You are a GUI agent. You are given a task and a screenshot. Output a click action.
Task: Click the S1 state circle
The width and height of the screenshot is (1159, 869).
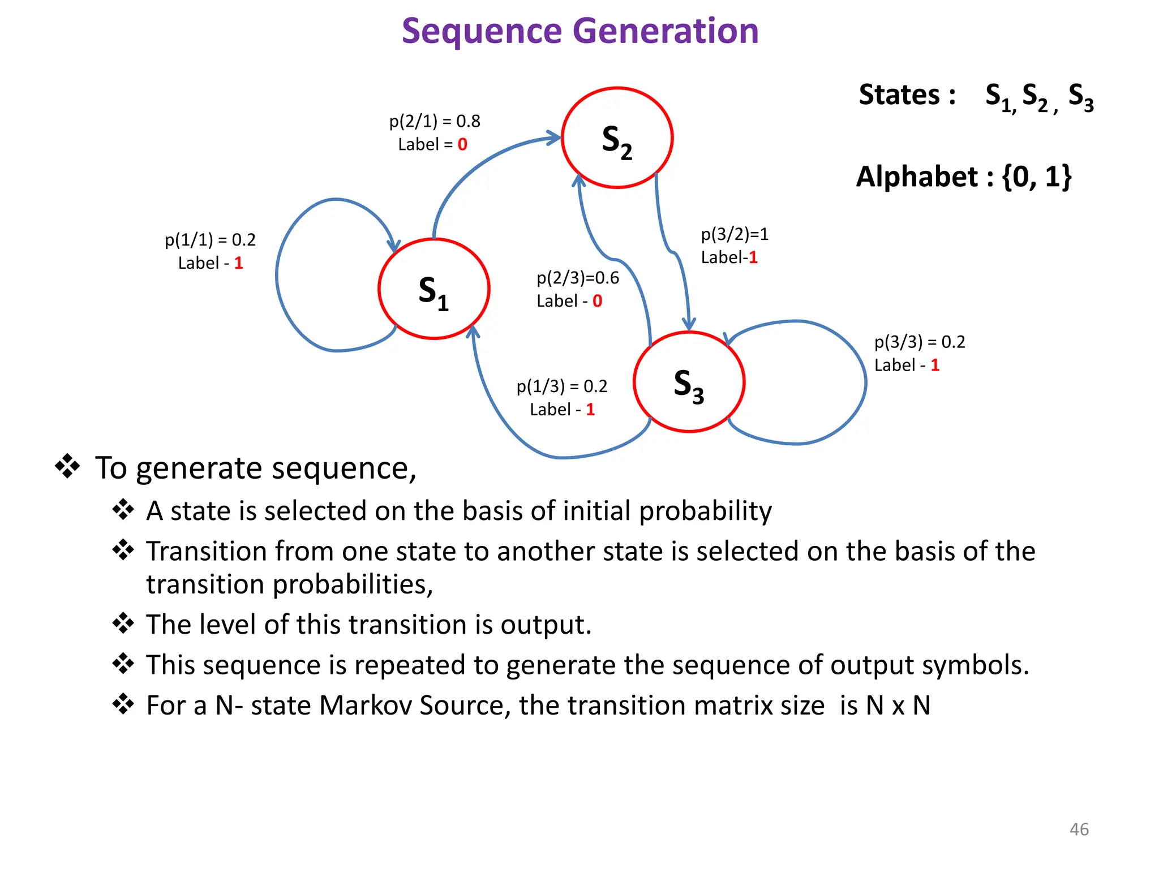(x=433, y=289)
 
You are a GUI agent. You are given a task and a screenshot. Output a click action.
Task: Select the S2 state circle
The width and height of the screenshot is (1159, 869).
(x=617, y=138)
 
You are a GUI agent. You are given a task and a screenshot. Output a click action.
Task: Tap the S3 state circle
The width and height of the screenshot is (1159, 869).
(x=689, y=382)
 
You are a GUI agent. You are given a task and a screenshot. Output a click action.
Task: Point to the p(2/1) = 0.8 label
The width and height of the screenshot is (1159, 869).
(x=435, y=121)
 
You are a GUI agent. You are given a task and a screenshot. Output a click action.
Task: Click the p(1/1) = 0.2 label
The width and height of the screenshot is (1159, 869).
(x=210, y=240)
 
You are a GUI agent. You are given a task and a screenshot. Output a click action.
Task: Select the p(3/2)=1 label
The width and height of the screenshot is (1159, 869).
(x=735, y=234)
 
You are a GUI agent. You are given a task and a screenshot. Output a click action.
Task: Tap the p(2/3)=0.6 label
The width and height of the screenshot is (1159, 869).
(x=578, y=278)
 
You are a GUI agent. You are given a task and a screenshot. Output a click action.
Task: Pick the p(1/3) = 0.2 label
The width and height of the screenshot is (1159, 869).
(x=561, y=386)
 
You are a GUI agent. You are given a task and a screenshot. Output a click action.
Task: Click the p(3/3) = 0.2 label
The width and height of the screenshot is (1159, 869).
(x=920, y=342)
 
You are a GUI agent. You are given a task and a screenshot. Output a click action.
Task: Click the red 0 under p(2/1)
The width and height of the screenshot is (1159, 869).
(x=462, y=145)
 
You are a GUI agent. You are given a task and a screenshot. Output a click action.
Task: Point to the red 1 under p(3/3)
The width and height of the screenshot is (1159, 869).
(x=935, y=365)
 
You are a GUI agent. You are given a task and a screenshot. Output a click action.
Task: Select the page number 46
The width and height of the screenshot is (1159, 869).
(x=1079, y=829)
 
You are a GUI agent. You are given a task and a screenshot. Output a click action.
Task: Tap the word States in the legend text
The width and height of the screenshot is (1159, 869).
(x=899, y=94)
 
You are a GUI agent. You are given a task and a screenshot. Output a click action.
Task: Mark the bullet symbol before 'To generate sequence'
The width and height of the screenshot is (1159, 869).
(x=67, y=466)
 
